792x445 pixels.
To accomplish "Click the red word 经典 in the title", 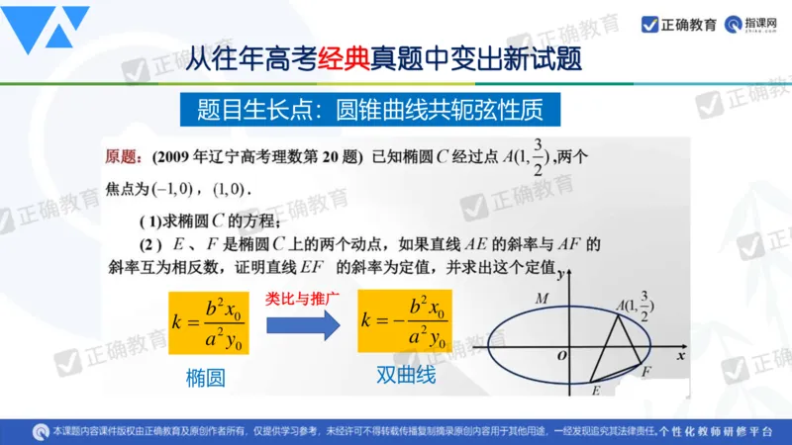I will (344, 60).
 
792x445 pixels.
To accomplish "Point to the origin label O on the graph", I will (562, 354).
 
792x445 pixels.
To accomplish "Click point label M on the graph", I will (541, 297).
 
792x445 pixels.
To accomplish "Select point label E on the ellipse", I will (596, 392).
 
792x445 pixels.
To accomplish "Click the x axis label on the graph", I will (680, 353).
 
